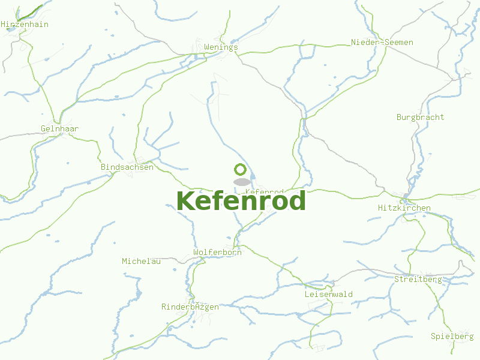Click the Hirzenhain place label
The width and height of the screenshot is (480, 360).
pyautogui.click(x=25, y=25)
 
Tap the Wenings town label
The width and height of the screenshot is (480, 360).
pyautogui.click(x=221, y=47)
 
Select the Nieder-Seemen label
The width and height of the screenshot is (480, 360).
pyautogui.click(x=382, y=43)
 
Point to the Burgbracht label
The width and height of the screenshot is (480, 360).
pyautogui.click(x=420, y=118)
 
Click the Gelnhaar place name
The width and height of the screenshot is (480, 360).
pyautogui.click(x=59, y=129)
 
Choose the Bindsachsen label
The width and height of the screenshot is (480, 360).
pyautogui.click(x=127, y=167)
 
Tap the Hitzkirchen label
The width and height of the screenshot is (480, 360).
pyautogui.click(x=404, y=208)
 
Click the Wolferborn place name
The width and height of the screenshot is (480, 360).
pyautogui.click(x=217, y=253)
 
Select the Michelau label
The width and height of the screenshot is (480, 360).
pyautogui.click(x=141, y=262)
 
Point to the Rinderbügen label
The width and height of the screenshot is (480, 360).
pyautogui.click(x=190, y=307)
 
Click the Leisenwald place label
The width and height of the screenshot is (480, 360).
pyautogui.click(x=328, y=295)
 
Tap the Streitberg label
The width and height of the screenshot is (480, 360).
pyautogui.click(x=418, y=280)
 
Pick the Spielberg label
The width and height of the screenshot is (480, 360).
pyautogui.click(x=452, y=337)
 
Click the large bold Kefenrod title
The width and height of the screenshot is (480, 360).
pyautogui.click(x=241, y=201)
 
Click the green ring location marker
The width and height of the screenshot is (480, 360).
pyautogui.click(x=241, y=169)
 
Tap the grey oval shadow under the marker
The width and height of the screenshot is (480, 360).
pyautogui.click(x=241, y=182)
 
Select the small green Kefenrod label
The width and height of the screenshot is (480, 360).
pyautogui.click(x=265, y=191)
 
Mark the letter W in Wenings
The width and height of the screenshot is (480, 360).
pyautogui.click(x=207, y=47)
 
